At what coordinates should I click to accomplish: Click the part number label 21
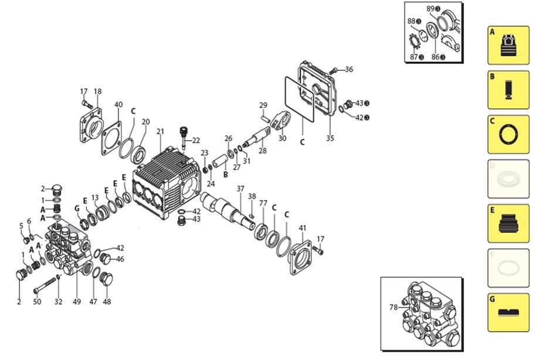[160, 131]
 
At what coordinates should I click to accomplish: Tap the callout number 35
[330, 139]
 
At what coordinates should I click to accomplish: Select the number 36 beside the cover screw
[349, 70]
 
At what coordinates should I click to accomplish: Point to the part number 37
[240, 189]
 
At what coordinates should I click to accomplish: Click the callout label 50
[37, 302]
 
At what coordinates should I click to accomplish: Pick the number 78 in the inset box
[393, 307]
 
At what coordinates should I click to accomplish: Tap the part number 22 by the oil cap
[195, 140]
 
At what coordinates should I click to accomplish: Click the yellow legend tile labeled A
[508, 45]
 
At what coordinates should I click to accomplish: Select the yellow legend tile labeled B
[508, 90]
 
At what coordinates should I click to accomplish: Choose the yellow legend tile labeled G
[508, 312]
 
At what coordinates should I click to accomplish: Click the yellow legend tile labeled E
[508, 223]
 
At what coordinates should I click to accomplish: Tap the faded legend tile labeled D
[508, 179]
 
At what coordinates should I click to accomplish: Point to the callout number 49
[76, 302]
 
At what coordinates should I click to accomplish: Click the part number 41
[303, 227]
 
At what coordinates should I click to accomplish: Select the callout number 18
[97, 91]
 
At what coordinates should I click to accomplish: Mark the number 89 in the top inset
[431, 9]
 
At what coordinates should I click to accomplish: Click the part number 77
[263, 203]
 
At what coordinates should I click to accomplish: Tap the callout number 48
[107, 302]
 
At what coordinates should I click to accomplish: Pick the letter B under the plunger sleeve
[225, 174]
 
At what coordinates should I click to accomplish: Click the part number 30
[282, 138]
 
